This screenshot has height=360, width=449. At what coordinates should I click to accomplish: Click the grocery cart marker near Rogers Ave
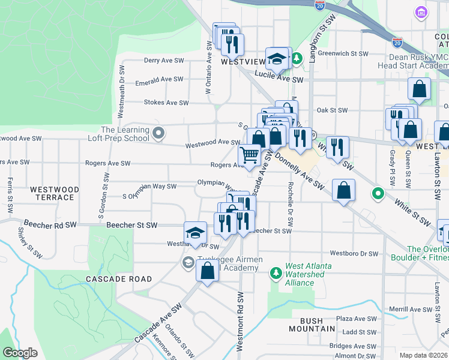[x=250, y=155]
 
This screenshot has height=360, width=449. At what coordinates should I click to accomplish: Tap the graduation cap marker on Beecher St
[x=195, y=233]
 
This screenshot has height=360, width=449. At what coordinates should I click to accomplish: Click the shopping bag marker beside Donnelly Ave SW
[x=343, y=191]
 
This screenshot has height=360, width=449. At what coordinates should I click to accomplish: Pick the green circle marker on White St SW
[x=378, y=193]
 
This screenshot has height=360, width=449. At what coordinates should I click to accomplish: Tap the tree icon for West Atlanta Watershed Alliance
[x=276, y=274]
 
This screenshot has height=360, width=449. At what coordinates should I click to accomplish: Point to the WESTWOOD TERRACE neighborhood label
[x=55, y=193]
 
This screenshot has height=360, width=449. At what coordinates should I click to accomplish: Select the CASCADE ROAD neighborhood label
[x=118, y=280]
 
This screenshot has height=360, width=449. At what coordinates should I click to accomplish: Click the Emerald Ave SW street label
[x=159, y=79]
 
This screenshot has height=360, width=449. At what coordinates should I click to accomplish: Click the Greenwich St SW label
[x=342, y=53]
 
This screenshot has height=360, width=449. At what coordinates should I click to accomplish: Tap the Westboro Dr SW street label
[x=355, y=253]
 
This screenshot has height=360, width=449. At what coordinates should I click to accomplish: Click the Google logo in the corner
[x=20, y=353]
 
